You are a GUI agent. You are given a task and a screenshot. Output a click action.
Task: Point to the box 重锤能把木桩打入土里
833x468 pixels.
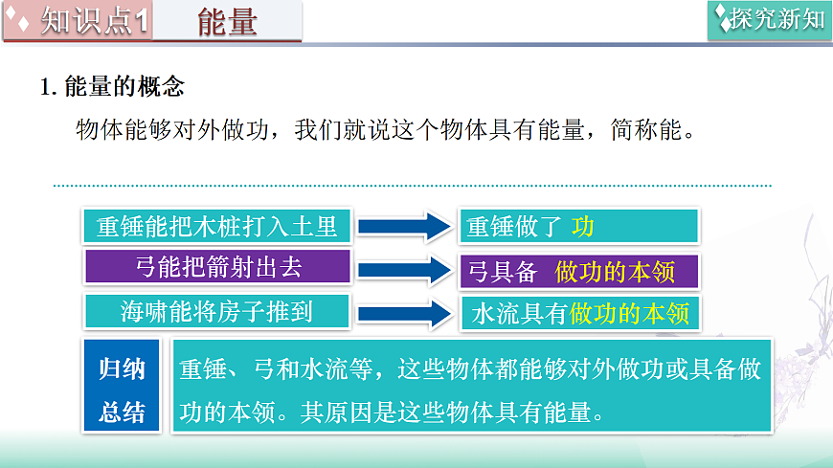pyautogui.click(x=217, y=226)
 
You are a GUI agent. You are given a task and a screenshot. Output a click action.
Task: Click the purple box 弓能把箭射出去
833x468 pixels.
pyautogui.click(x=217, y=268)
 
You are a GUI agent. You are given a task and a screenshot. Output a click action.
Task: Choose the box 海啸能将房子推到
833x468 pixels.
pyautogui.click(x=217, y=311)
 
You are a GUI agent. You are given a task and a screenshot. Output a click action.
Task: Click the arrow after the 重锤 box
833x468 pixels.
pyautogui.click(x=403, y=227)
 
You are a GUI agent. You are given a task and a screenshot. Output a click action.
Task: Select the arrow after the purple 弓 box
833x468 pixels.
pyautogui.click(x=403, y=270)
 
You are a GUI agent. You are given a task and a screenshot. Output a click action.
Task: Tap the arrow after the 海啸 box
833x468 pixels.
pyautogui.click(x=403, y=313)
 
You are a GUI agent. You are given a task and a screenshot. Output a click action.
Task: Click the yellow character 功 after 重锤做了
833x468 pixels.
pyautogui.click(x=583, y=227)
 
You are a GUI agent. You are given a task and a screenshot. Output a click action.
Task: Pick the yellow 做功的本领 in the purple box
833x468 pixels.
pyautogui.click(x=615, y=272)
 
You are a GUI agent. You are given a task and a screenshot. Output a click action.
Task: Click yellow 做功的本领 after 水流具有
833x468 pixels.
pyautogui.click(x=629, y=314)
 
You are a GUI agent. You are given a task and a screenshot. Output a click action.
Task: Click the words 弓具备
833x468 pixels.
pyautogui.click(x=502, y=272)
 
